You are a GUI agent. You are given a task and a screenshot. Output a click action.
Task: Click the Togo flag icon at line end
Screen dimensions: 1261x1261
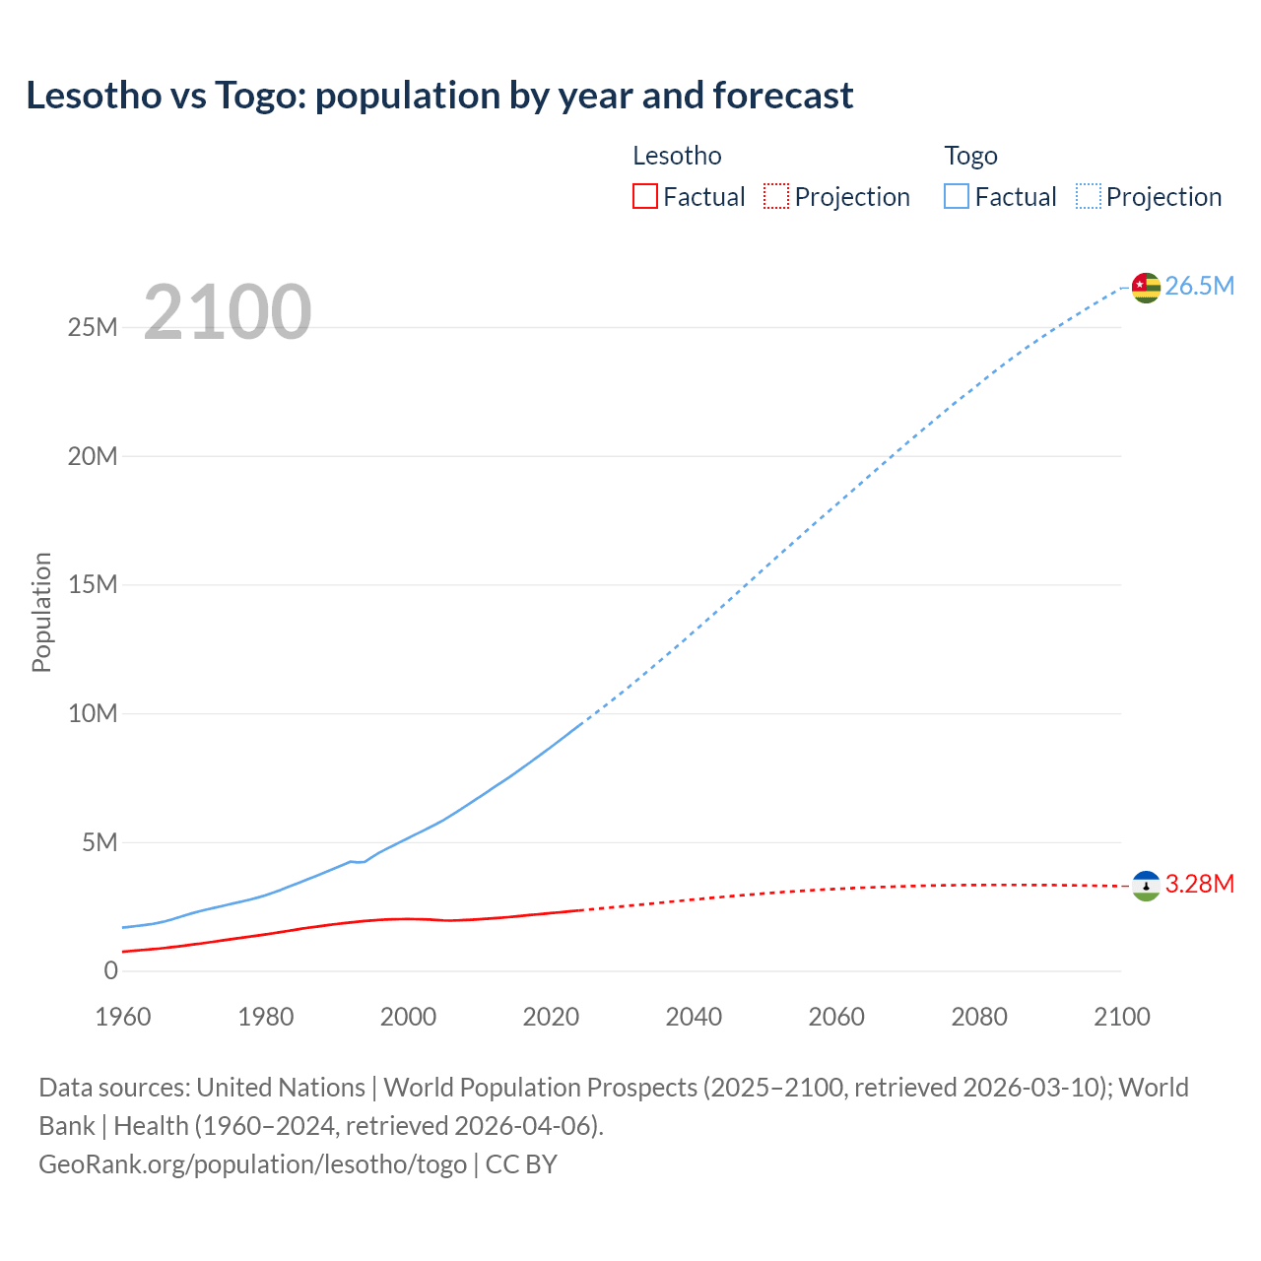1146,287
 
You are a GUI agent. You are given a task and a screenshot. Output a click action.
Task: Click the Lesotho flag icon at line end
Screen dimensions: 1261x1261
1146,886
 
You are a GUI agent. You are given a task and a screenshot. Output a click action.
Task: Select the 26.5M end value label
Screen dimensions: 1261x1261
1199,286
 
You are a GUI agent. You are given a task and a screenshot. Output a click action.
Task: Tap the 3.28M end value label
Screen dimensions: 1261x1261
1199,884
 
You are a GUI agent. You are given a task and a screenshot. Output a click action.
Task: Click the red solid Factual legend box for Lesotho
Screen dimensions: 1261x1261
644,197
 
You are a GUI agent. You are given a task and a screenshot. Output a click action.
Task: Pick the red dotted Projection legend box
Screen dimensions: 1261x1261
776,197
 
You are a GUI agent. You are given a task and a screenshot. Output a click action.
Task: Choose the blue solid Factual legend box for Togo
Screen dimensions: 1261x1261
957,197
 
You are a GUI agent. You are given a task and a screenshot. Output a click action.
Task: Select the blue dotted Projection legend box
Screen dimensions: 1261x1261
1088,197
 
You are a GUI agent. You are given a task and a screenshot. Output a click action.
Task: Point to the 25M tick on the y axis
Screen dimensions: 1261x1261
93,327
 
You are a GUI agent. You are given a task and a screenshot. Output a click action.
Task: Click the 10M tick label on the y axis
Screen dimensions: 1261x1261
93,713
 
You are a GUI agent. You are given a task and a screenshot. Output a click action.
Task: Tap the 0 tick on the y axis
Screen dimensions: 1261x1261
110,970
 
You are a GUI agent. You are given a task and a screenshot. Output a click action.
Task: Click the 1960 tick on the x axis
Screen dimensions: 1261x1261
123,1017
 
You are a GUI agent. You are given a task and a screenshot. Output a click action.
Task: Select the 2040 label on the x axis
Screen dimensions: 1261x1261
694,1017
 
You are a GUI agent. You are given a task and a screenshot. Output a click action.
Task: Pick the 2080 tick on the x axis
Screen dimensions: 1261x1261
979,1017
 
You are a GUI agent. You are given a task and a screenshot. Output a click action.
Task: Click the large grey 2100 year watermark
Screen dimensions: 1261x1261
228,312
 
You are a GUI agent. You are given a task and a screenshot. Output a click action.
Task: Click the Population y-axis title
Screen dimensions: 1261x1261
41,612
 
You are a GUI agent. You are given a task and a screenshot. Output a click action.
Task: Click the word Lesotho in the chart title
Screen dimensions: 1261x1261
94,96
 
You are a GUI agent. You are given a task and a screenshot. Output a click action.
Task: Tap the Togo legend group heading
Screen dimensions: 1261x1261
970,156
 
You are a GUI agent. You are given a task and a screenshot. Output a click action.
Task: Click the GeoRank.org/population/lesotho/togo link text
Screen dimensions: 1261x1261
252,1163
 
